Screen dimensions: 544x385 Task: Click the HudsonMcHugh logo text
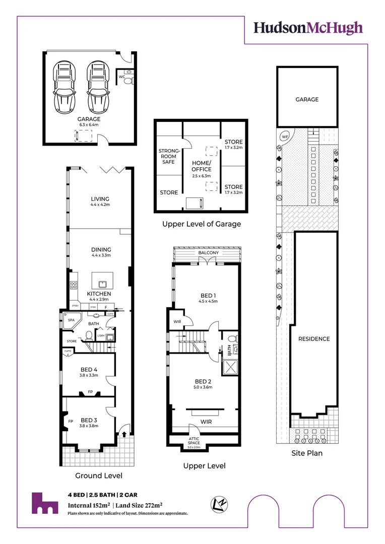pyautogui.click(x=307, y=28)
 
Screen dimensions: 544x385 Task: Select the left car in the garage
pyautogui.click(x=65, y=87)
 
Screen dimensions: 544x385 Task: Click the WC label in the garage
pyautogui.click(x=121, y=77)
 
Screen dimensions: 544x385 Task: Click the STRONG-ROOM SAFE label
pyautogui.click(x=169, y=156)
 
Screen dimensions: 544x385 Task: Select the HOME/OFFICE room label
pyautogui.click(x=201, y=166)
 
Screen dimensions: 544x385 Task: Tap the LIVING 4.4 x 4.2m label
pyautogui.click(x=100, y=201)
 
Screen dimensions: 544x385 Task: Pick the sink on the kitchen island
pyautogui.click(x=101, y=283)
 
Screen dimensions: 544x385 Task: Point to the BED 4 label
pyautogui.click(x=89, y=372)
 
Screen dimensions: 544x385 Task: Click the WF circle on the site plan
pyautogui.click(x=285, y=137)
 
